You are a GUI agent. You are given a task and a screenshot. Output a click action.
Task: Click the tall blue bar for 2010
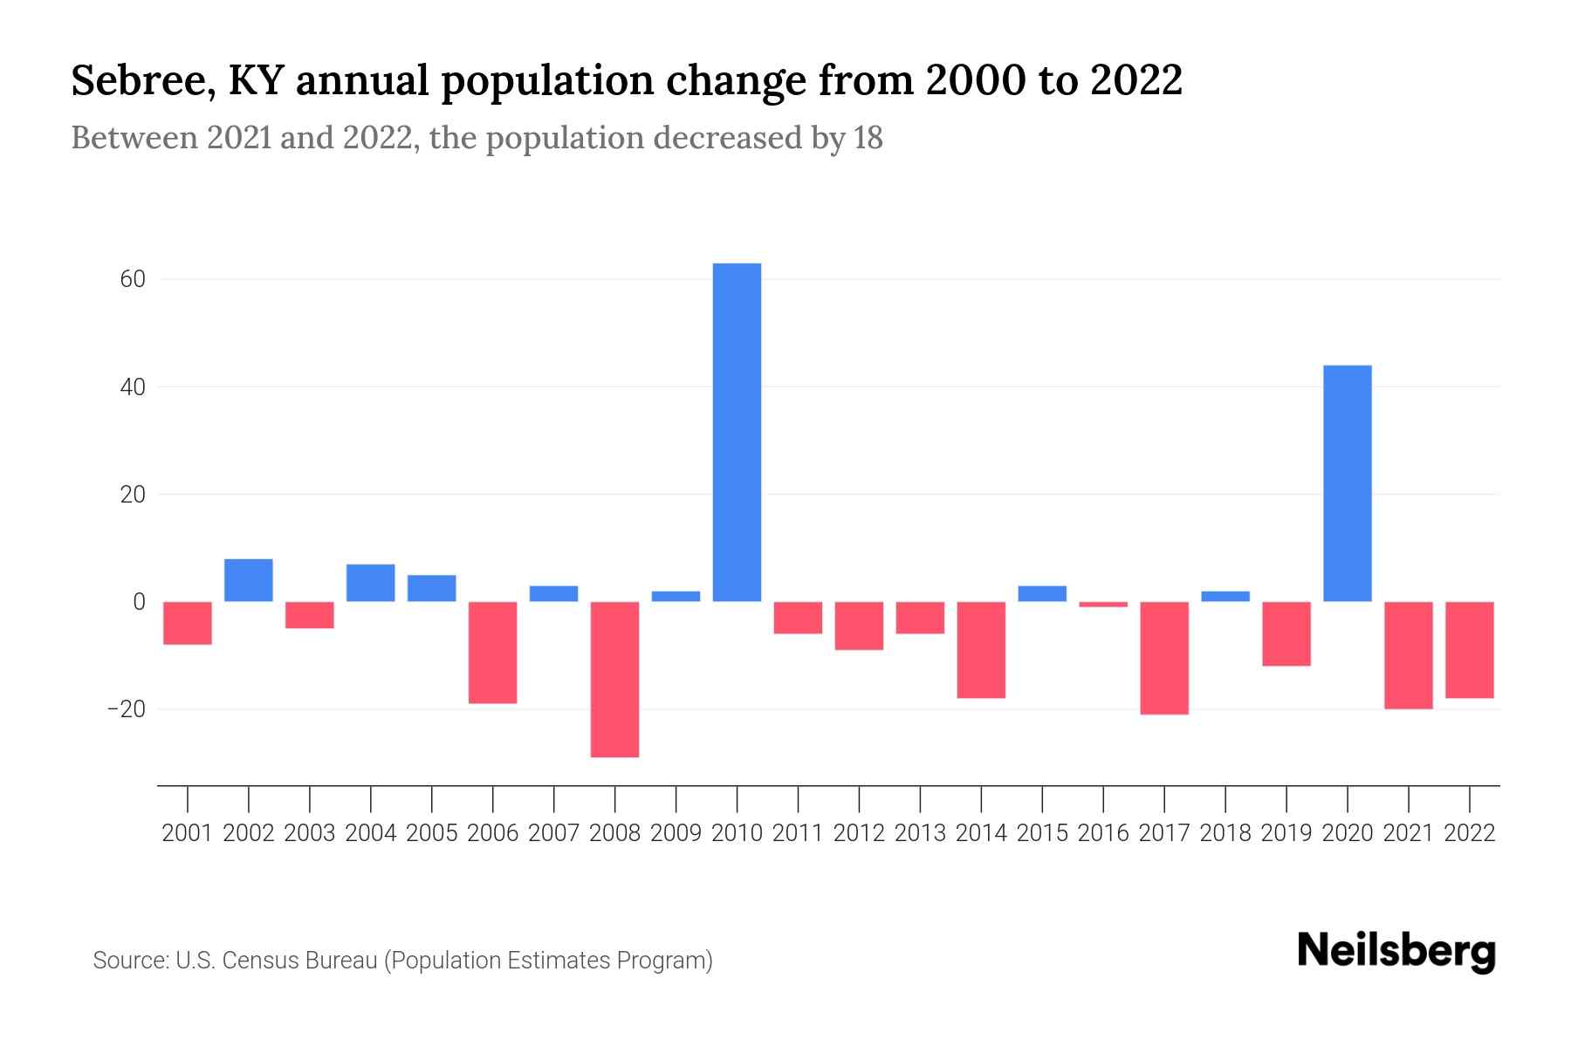click(x=737, y=432)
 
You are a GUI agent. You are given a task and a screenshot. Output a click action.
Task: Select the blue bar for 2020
click(x=1347, y=482)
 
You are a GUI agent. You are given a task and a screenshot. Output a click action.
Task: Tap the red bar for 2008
click(x=614, y=679)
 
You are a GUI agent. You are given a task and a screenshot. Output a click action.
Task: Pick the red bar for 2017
click(x=1163, y=658)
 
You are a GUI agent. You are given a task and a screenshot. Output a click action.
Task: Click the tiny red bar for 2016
click(x=1103, y=605)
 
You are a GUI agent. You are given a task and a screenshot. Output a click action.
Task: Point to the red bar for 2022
click(x=1470, y=650)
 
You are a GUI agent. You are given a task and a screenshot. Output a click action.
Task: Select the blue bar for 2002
click(x=249, y=580)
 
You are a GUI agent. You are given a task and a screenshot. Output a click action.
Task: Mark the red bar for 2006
click(x=493, y=653)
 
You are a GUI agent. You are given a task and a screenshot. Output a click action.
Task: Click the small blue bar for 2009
click(x=676, y=596)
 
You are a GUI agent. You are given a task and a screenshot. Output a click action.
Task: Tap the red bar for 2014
click(x=981, y=650)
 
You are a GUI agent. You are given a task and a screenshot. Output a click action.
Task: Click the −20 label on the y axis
click(x=126, y=709)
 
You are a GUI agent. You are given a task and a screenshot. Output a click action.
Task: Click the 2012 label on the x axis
click(x=859, y=833)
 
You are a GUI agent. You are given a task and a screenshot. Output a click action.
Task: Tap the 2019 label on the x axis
click(x=1286, y=833)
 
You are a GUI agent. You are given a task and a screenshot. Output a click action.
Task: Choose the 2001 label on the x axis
click(x=188, y=833)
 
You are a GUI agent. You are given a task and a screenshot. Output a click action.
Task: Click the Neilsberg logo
click(x=1396, y=952)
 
